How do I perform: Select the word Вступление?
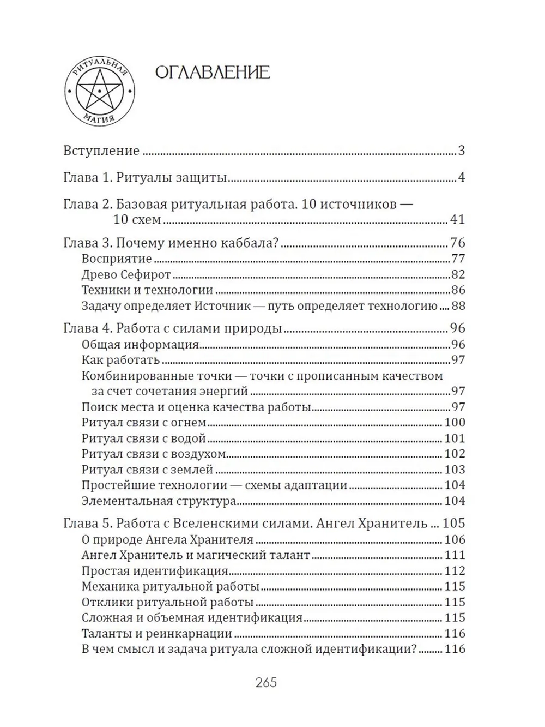click(101, 151)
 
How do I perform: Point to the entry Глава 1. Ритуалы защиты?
click(145, 178)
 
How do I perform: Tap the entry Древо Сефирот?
click(126, 274)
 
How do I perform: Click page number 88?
click(457, 306)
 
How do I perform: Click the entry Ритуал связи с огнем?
click(144, 422)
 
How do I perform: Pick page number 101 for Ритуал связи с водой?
click(454, 438)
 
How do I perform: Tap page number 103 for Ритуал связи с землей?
click(454, 470)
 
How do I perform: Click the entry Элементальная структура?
click(159, 501)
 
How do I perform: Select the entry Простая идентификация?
click(154, 571)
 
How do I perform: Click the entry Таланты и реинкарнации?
click(157, 634)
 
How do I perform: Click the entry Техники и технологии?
click(147, 290)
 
